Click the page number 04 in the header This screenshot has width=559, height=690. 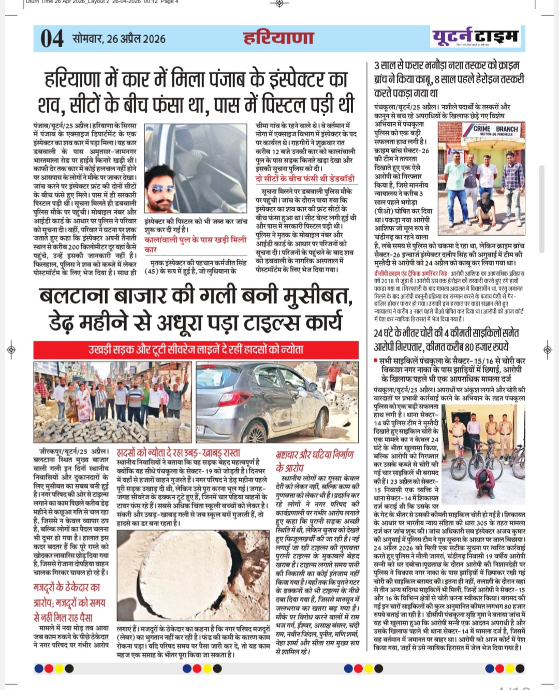click(52, 39)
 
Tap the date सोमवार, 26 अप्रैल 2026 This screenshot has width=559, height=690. click(119, 39)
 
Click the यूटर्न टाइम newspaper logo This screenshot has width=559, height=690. click(475, 37)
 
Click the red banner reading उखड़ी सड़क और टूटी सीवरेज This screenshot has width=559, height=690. click(196, 350)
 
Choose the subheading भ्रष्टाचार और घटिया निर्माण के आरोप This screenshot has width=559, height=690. click(314, 461)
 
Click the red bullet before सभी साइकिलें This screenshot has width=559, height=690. click(375, 361)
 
